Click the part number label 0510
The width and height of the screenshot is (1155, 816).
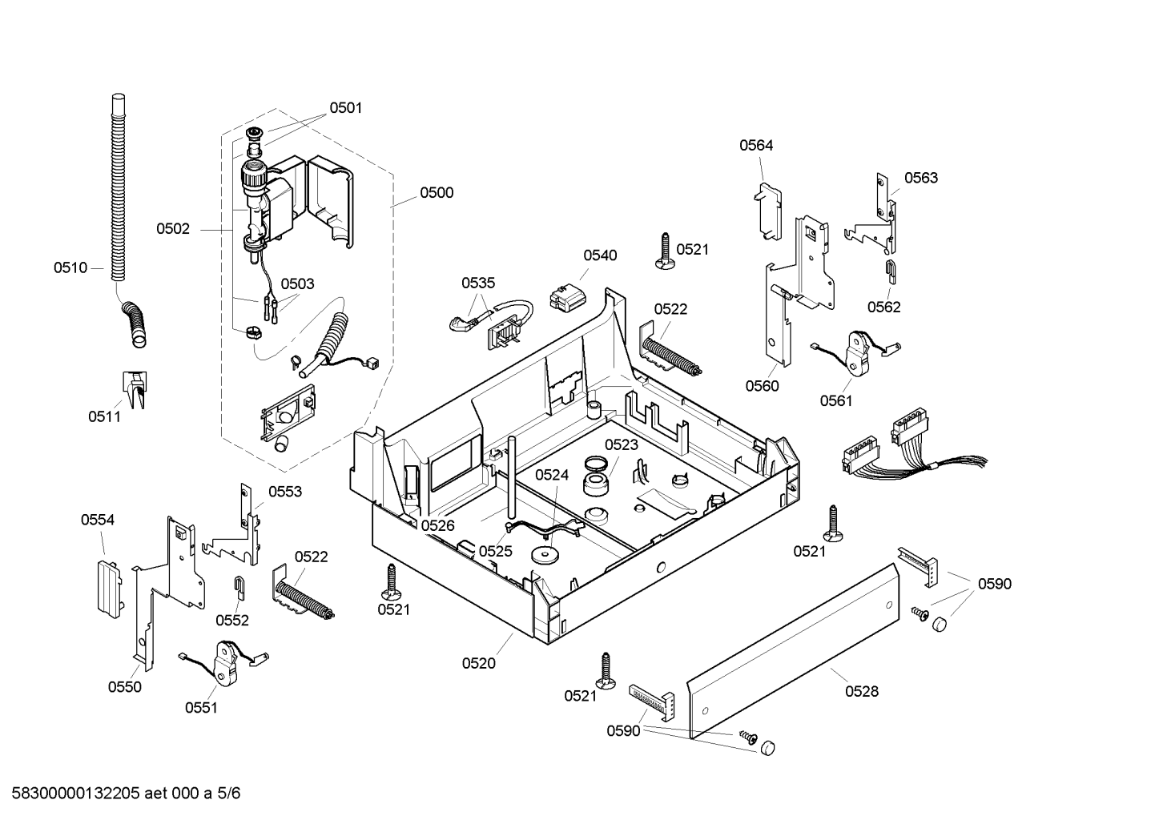(70, 268)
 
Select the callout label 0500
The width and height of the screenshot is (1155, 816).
(437, 193)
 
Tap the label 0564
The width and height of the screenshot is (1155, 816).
(756, 146)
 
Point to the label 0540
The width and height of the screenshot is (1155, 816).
(600, 255)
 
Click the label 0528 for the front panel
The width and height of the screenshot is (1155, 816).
(862, 691)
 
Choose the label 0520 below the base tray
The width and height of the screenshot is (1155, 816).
(478, 663)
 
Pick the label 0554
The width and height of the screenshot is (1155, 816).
(98, 520)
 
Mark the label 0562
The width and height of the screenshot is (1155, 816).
(883, 308)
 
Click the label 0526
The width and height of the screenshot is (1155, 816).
(438, 526)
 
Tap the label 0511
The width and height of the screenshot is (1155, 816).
(105, 416)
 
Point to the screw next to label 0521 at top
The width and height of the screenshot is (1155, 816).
(665, 252)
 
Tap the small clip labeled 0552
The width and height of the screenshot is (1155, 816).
(239, 588)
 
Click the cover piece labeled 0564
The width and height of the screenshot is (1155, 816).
(768, 211)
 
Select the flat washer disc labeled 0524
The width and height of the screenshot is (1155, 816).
(545, 555)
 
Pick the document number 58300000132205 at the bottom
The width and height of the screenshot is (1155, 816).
(75, 794)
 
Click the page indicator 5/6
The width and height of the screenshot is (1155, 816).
(228, 794)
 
